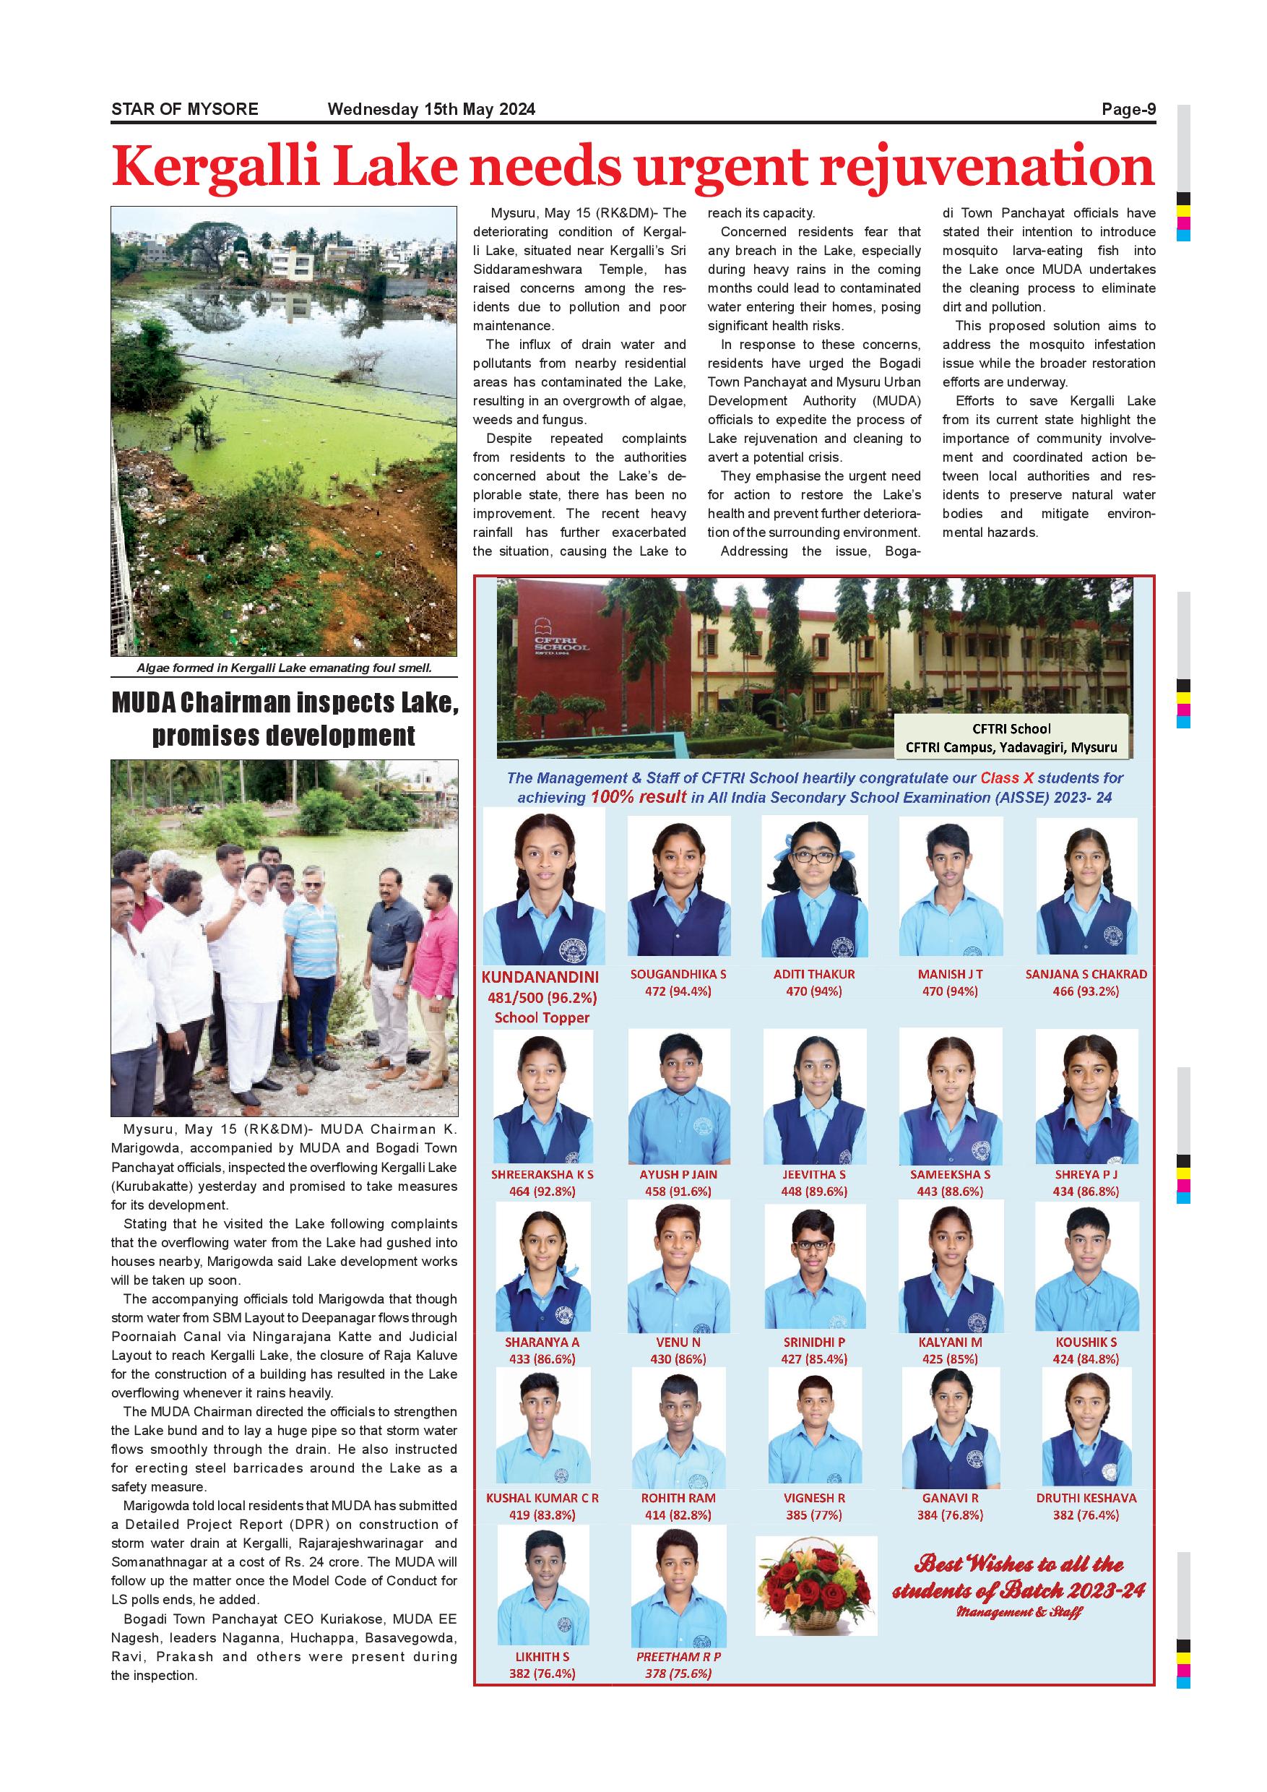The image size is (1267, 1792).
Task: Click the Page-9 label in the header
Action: pyautogui.click(x=1128, y=109)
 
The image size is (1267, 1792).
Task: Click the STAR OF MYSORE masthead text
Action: pyautogui.click(x=185, y=109)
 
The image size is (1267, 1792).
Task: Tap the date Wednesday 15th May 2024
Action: pyautogui.click(x=431, y=109)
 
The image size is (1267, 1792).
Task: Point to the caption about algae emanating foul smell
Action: pyautogui.click(x=284, y=668)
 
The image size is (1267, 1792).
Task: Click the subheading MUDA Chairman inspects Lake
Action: pyautogui.click(x=285, y=703)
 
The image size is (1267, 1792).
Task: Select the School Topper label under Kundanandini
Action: pyautogui.click(x=542, y=1018)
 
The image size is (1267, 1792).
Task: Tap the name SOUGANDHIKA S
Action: pyautogui.click(x=678, y=974)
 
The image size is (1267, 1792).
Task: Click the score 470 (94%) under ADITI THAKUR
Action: pyautogui.click(x=813, y=991)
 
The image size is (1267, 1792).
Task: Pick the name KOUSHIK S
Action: pyautogui.click(x=1085, y=1342)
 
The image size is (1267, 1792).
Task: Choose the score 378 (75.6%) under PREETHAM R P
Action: pyautogui.click(x=678, y=1673)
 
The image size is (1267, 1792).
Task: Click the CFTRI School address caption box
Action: pyautogui.click(x=1011, y=738)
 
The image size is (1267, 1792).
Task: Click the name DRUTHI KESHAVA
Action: pyautogui.click(x=1085, y=1498)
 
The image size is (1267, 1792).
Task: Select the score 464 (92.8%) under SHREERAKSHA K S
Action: pyautogui.click(x=542, y=1191)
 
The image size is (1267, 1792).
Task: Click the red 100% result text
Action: pyautogui.click(x=637, y=797)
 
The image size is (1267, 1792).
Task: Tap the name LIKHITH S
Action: pyautogui.click(x=542, y=1656)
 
